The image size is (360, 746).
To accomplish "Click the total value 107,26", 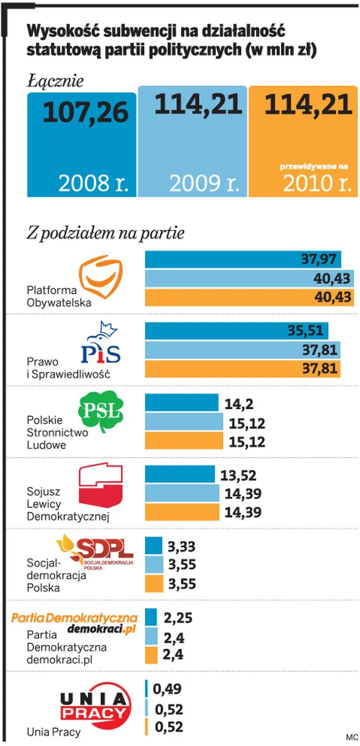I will point(85,113).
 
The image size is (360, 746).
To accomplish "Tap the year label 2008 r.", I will point(93,183).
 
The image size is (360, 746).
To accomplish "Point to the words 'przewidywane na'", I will point(313,166).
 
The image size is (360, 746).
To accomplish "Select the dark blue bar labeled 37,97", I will point(243,260).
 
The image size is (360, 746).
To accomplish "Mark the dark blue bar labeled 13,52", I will point(179,474).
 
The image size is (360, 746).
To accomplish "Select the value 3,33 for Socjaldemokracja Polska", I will point(181,546).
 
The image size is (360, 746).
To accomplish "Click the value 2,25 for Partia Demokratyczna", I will point(178,618).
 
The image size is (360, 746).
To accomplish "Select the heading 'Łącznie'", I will point(55,81).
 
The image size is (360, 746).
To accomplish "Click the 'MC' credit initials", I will point(351,737).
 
